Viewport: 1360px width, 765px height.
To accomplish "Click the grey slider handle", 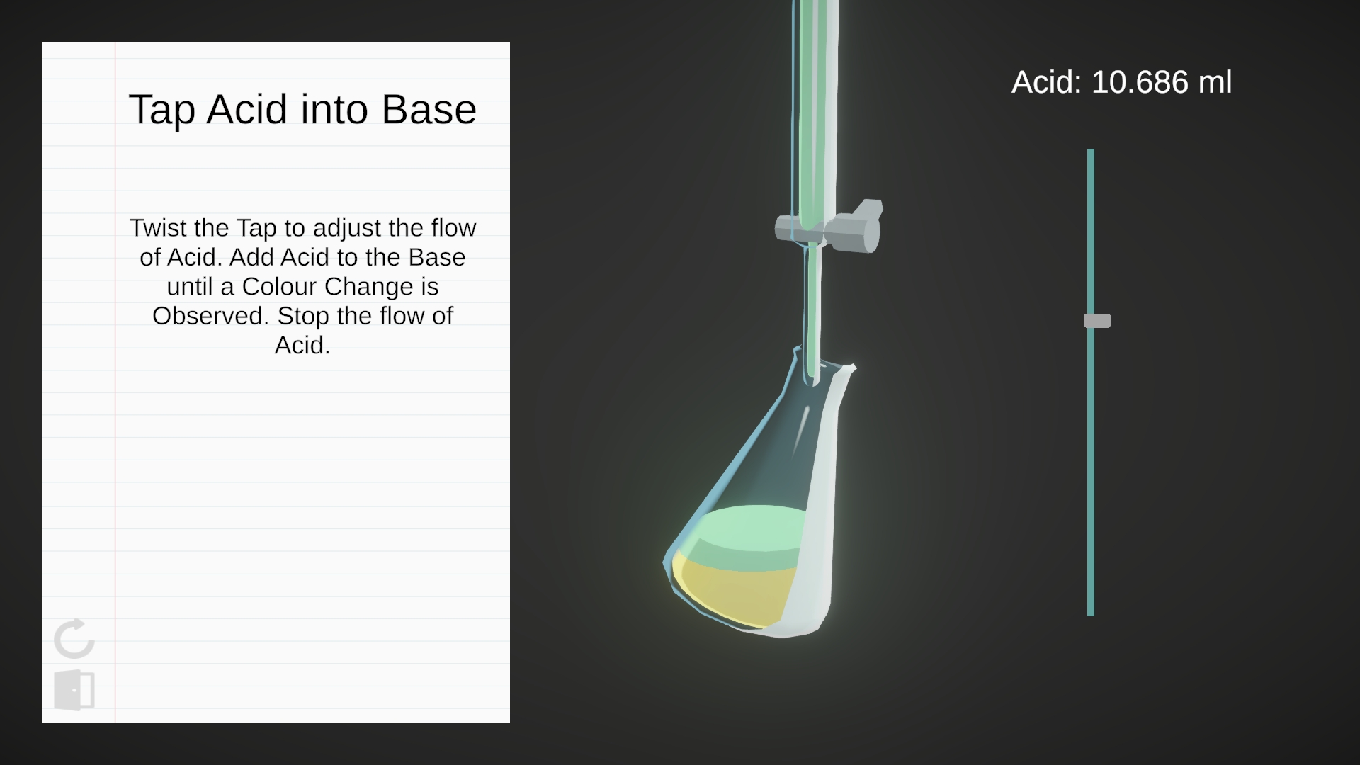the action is (x=1096, y=321).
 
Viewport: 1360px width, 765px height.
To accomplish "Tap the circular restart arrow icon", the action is (x=74, y=638).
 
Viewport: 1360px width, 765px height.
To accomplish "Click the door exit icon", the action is (x=74, y=690).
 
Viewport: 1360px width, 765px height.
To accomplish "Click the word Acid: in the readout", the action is (x=1047, y=82).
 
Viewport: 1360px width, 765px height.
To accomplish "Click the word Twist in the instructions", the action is (x=159, y=228).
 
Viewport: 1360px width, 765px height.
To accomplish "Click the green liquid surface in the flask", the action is (x=751, y=528).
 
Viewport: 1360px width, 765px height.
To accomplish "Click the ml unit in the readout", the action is (x=1215, y=82).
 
